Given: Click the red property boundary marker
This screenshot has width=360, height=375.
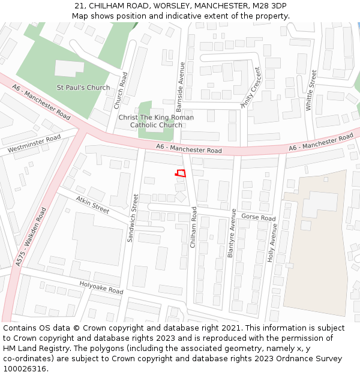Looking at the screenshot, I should click(x=180, y=173).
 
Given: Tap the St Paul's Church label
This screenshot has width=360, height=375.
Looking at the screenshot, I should click(x=83, y=88).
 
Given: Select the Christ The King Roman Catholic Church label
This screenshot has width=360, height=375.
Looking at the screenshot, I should click(x=156, y=121).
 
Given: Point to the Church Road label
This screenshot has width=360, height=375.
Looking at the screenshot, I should click(x=122, y=91).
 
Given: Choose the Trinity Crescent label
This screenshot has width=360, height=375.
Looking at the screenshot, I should click(x=251, y=87).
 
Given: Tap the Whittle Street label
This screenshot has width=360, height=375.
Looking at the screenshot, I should click(x=311, y=90).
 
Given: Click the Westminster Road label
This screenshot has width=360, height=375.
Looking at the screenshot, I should click(x=34, y=143).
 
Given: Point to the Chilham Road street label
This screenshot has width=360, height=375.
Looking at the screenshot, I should click(x=193, y=227).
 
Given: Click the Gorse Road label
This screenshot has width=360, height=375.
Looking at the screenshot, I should click(x=258, y=217).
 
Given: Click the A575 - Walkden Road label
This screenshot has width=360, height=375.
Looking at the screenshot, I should click(x=31, y=237).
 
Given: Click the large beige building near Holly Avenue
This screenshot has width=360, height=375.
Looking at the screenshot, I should click(x=321, y=252).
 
